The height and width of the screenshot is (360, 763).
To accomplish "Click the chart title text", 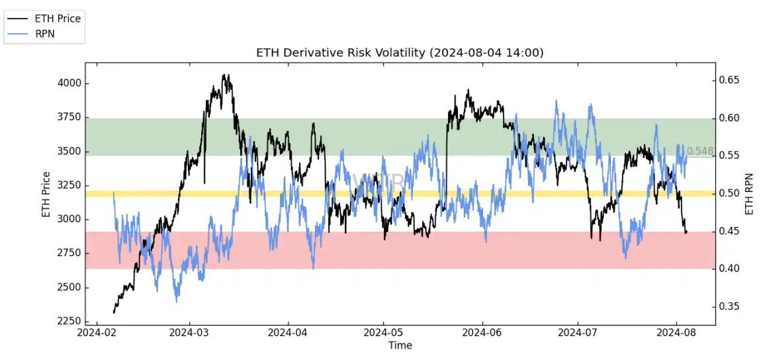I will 400,53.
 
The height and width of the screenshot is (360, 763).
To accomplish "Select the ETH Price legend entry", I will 58,19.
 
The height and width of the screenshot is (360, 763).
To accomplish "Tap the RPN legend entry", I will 46,34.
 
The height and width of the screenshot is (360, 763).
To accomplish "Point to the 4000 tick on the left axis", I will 68,83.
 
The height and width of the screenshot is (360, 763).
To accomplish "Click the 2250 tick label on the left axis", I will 68,322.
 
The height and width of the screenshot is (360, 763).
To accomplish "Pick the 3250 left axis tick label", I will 68,185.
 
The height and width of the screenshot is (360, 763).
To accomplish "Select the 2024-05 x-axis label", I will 384,333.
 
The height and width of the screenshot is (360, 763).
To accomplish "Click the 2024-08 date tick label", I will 677,333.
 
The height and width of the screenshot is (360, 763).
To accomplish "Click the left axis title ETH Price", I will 46,195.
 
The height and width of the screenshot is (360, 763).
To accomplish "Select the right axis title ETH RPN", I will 750,193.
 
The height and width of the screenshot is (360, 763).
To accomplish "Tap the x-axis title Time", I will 400,345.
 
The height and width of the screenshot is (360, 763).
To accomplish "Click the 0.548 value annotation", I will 700,152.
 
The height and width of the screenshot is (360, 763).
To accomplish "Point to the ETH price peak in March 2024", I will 225,75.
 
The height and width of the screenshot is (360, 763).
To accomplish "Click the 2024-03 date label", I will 190,333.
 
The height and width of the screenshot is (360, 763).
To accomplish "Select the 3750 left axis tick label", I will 68,117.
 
